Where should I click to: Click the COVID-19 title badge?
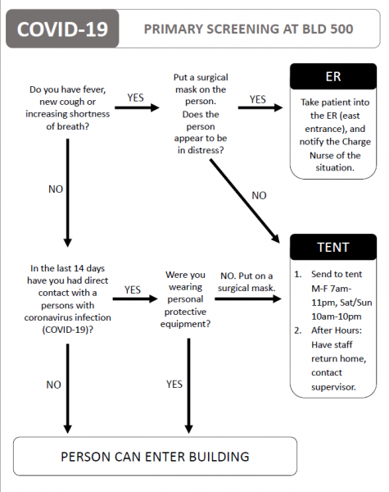tap(62, 30)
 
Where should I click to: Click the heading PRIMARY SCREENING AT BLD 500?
tap(248, 30)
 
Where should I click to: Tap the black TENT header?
tap(333, 247)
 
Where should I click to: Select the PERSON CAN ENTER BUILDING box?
tap(156, 456)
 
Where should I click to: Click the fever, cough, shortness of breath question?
tap(68, 112)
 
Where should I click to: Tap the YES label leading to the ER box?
tap(258, 99)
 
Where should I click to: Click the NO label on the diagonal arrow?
tap(258, 195)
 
